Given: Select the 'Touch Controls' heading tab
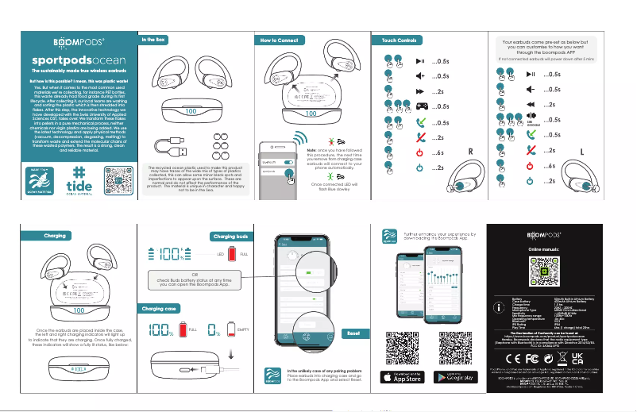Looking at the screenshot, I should coord(400,39).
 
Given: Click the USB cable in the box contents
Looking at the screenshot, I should coord(172,148).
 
